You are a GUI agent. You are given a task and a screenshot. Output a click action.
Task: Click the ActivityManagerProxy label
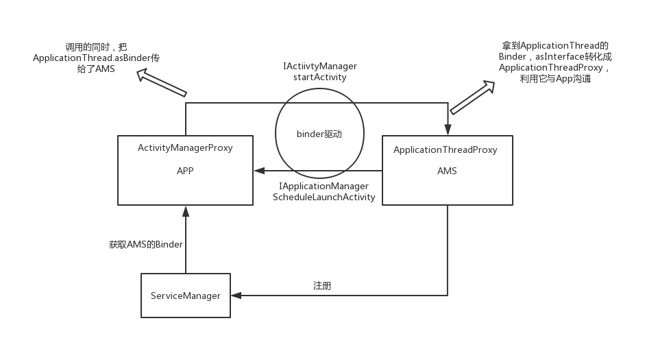(185, 147)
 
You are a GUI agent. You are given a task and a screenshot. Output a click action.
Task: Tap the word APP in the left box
(185, 171)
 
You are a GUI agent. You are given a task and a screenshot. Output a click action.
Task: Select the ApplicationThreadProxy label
(446, 149)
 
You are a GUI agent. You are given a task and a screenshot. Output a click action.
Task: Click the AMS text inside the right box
(447, 171)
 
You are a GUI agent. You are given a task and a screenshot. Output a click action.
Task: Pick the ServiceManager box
(186, 296)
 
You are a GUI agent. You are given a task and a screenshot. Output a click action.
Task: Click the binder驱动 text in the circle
(319, 134)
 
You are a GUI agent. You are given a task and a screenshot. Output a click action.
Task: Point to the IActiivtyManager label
(320, 66)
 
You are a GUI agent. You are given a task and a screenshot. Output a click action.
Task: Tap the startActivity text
(320, 77)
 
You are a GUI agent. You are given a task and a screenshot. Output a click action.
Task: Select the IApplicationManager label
(324, 186)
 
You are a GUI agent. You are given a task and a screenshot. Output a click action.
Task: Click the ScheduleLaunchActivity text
(324, 197)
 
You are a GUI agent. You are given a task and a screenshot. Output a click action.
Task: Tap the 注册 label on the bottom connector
(322, 286)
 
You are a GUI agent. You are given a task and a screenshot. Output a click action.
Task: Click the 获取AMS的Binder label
(145, 244)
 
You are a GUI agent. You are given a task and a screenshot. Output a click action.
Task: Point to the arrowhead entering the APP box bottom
(186, 211)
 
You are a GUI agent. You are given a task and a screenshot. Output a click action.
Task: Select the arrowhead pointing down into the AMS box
(448, 130)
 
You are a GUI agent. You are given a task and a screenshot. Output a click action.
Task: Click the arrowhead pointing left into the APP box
(259, 171)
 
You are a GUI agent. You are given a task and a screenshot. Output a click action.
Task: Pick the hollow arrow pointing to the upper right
(472, 97)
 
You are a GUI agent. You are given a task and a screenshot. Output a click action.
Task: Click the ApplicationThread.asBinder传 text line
(96, 58)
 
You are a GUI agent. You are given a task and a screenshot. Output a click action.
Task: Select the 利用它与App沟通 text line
(555, 79)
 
